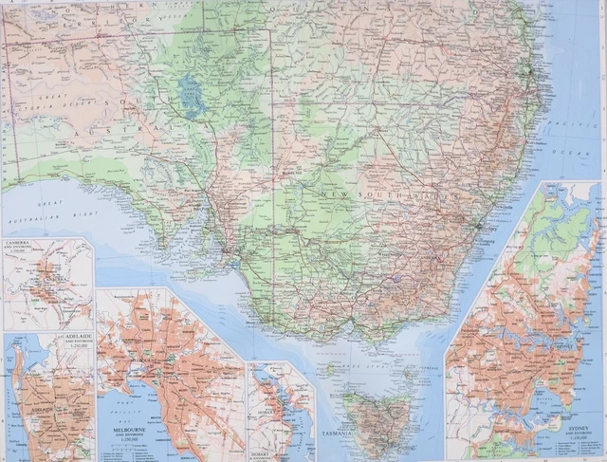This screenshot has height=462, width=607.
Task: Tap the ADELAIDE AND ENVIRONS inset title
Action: click(x=77, y=340)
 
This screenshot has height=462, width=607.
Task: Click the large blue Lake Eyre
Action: click(x=191, y=96)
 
